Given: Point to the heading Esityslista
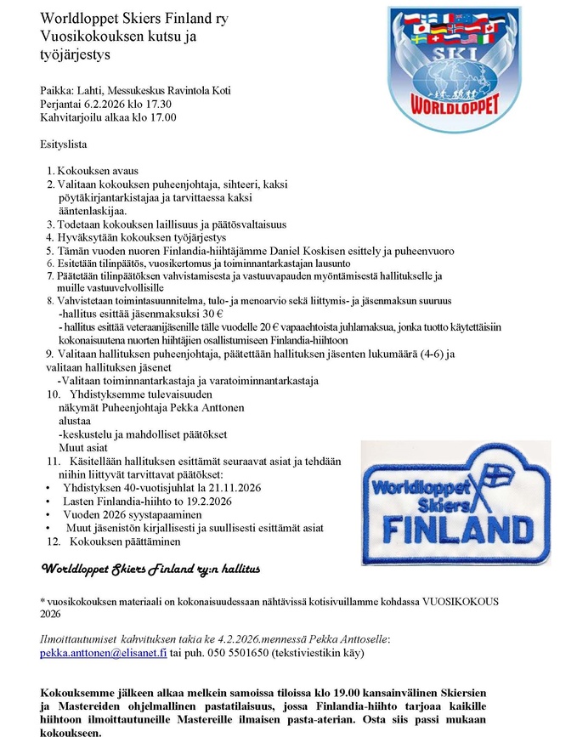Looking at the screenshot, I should coord(63,145).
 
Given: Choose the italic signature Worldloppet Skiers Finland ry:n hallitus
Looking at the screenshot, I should coord(151,567).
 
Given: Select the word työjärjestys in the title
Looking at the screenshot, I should coord(76,55).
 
